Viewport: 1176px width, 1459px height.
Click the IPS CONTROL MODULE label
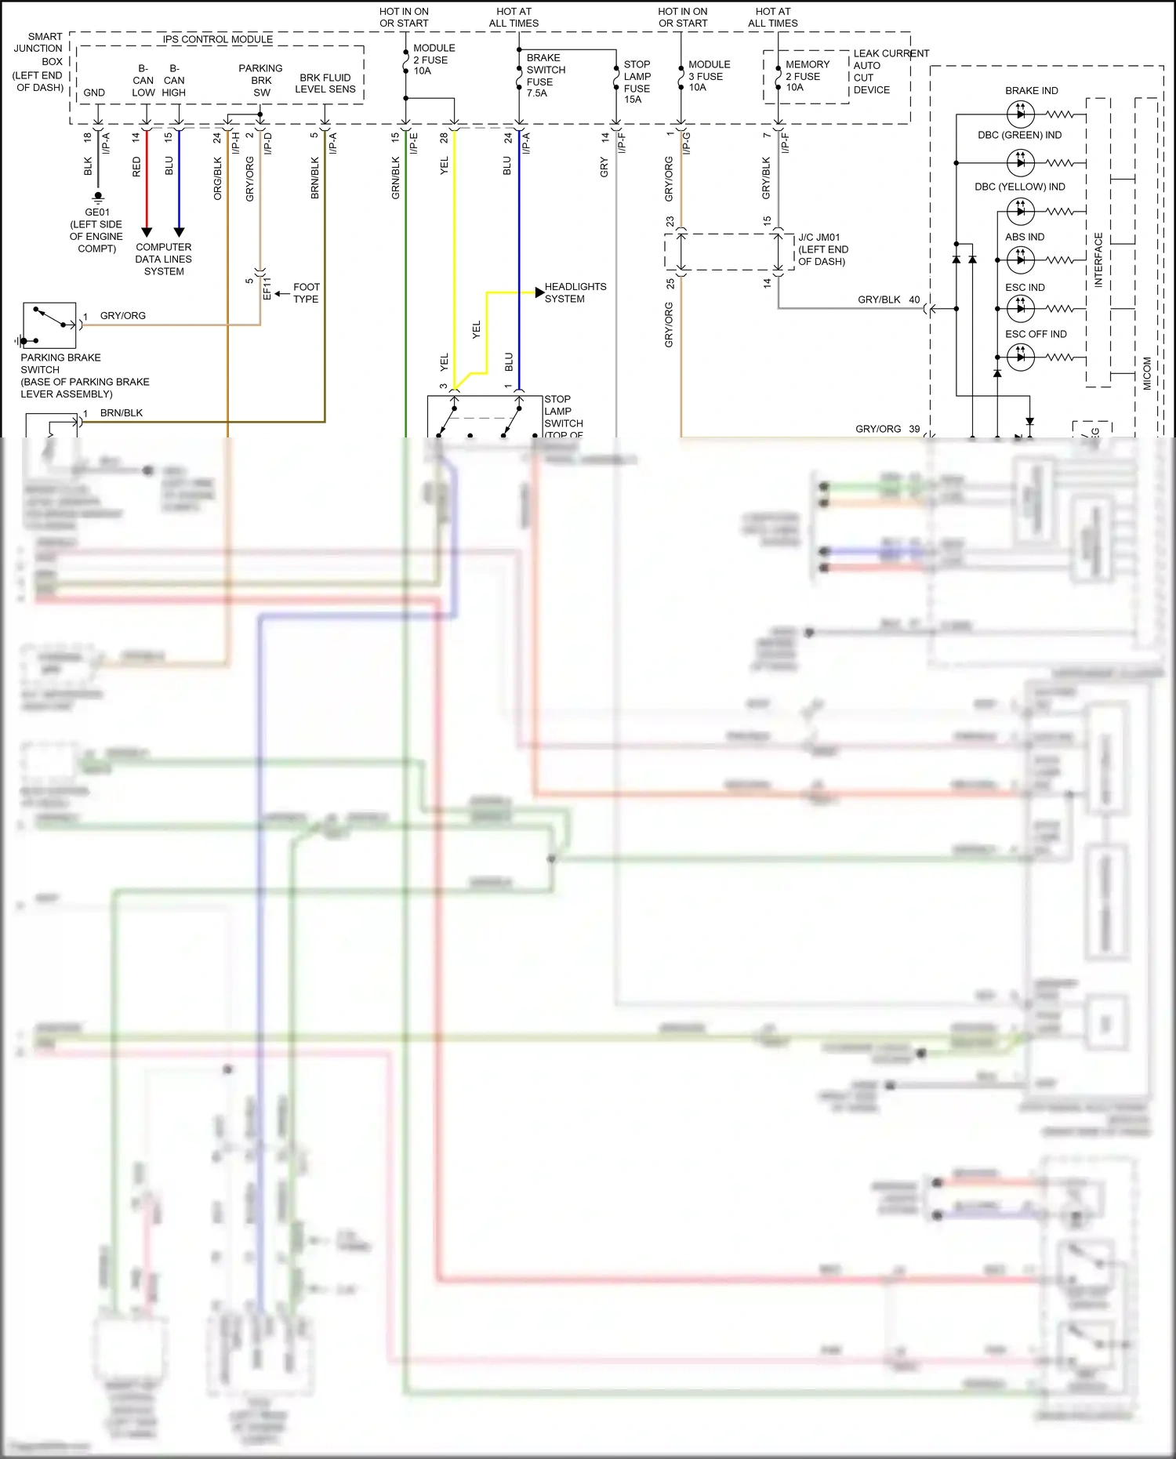[217, 39]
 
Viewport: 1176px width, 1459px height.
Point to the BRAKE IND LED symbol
[1020, 114]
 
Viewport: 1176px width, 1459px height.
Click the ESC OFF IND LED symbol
[1020, 357]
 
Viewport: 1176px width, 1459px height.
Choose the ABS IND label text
[1025, 237]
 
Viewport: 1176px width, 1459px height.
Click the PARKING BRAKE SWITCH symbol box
[49, 325]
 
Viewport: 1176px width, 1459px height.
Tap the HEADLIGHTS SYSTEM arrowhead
[539, 292]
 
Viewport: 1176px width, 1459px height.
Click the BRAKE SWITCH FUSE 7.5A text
[545, 75]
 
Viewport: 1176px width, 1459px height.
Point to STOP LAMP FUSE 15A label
[637, 82]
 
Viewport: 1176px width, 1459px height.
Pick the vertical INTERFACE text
[1098, 259]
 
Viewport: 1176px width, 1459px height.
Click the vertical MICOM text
[1147, 373]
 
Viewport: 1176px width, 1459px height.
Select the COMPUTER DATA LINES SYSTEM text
[163, 259]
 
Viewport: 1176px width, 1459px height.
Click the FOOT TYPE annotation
[306, 293]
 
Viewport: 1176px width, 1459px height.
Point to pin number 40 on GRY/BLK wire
[914, 299]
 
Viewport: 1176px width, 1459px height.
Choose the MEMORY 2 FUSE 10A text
[807, 76]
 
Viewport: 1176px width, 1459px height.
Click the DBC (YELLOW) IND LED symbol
[1020, 211]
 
